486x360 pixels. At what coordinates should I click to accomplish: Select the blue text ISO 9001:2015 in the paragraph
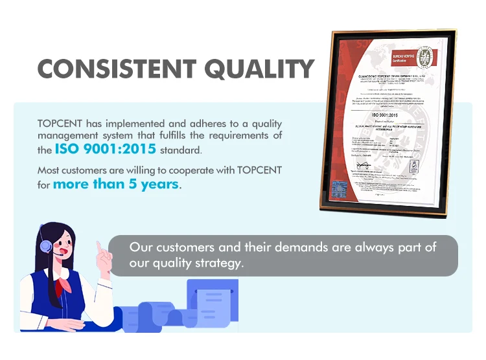[x=105, y=149]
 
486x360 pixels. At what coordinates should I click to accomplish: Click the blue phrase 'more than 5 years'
[x=115, y=184]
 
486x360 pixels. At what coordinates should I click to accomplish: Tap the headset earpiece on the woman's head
[x=45, y=247]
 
